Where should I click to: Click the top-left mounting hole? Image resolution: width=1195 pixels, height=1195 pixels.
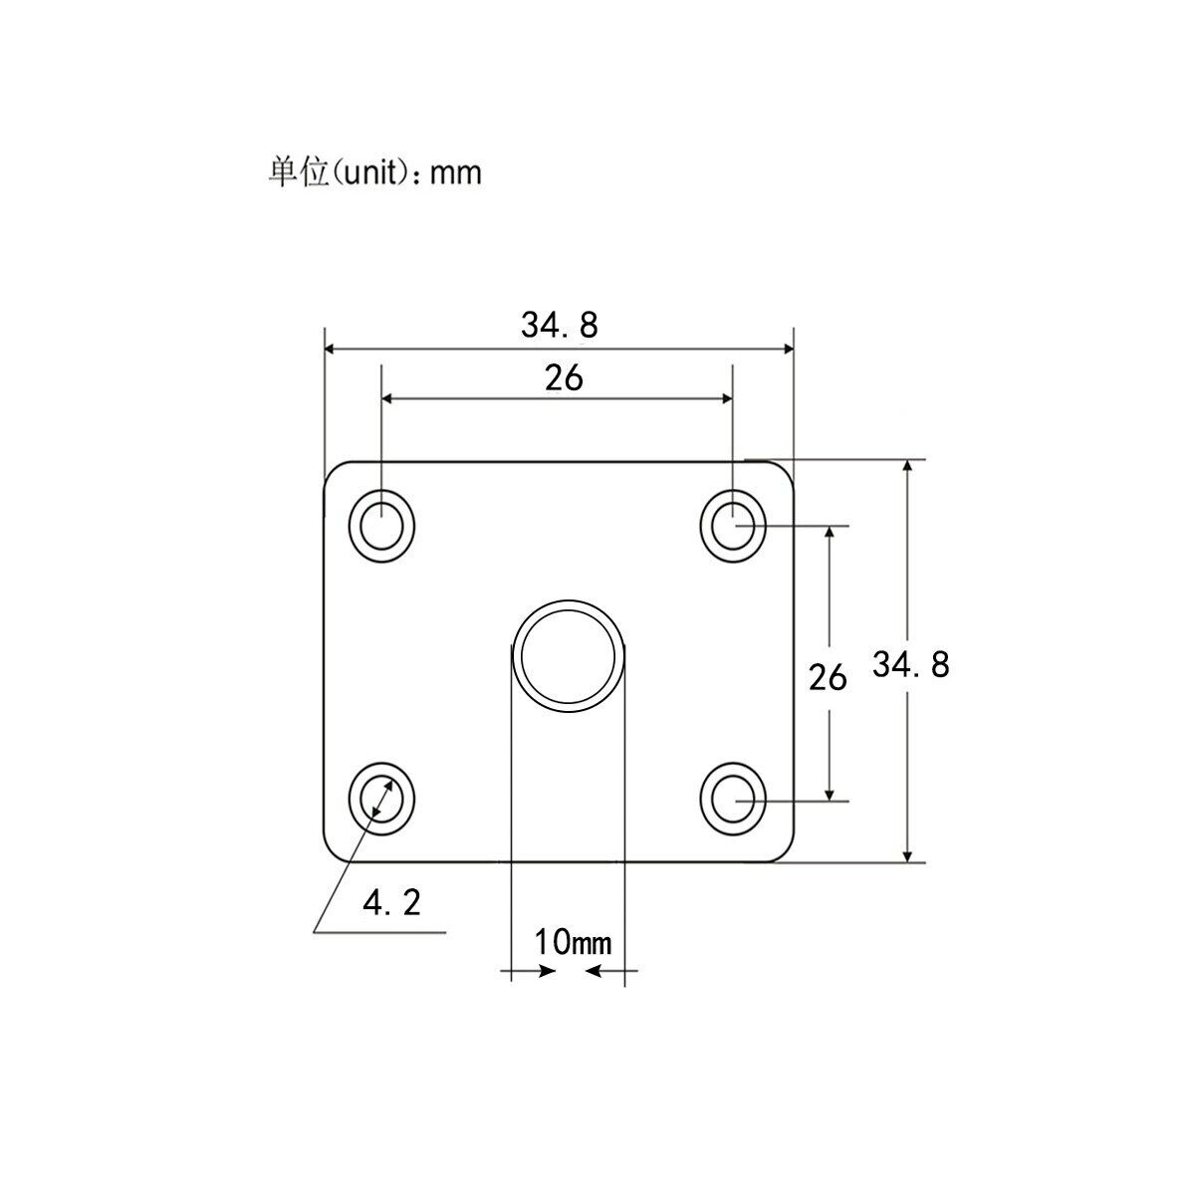point(381,525)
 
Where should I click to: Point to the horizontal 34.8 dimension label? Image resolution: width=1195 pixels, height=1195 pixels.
point(559,325)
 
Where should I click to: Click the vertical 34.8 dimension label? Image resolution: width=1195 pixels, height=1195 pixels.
point(910,664)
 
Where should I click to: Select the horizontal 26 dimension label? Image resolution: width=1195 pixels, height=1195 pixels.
point(563,378)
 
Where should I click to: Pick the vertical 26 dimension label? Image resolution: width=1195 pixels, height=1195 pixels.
point(827,678)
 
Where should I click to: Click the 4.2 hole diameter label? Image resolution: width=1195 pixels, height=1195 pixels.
point(391,903)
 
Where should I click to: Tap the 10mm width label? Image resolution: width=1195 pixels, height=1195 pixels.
point(572,941)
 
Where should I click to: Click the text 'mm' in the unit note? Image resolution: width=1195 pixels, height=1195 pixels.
point(457,173)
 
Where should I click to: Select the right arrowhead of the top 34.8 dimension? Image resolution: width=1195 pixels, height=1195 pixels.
point(787,349)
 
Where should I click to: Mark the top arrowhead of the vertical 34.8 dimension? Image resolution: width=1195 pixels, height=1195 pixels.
point(906,468)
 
